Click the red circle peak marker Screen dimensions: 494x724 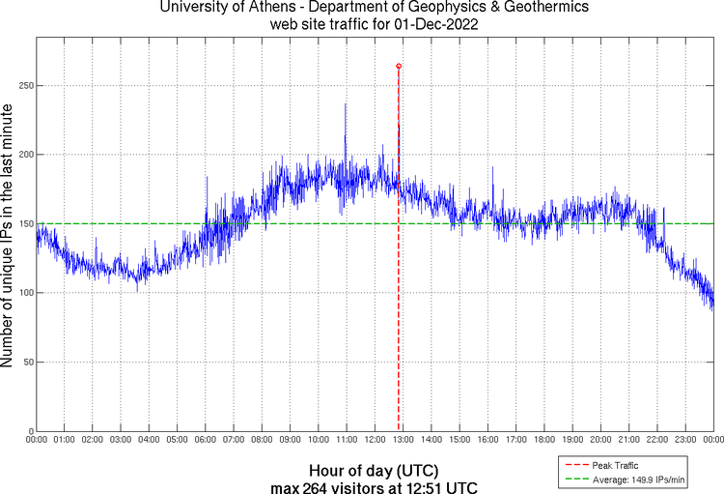399,66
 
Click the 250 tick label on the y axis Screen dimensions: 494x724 24,86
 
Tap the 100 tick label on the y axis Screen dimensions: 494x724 24,293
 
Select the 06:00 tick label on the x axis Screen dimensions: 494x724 206,440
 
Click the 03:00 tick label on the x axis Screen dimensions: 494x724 121,440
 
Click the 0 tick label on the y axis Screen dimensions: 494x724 30,431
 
